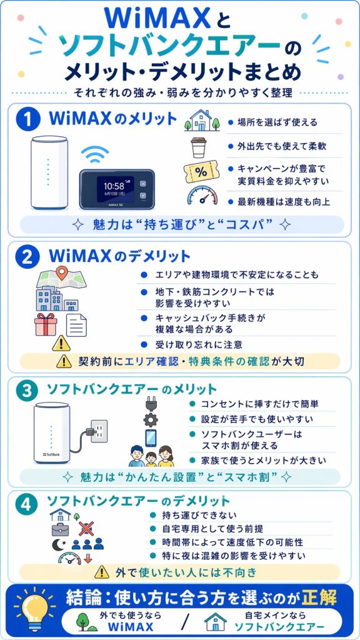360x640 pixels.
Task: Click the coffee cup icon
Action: [199, 148]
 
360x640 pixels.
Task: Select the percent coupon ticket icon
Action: [199, 172]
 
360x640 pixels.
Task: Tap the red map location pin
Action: [61, 273]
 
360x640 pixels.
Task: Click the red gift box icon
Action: [46, 325]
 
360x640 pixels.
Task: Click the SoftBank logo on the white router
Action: [51, 453]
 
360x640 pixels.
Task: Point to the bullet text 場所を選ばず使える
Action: [273, 122]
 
